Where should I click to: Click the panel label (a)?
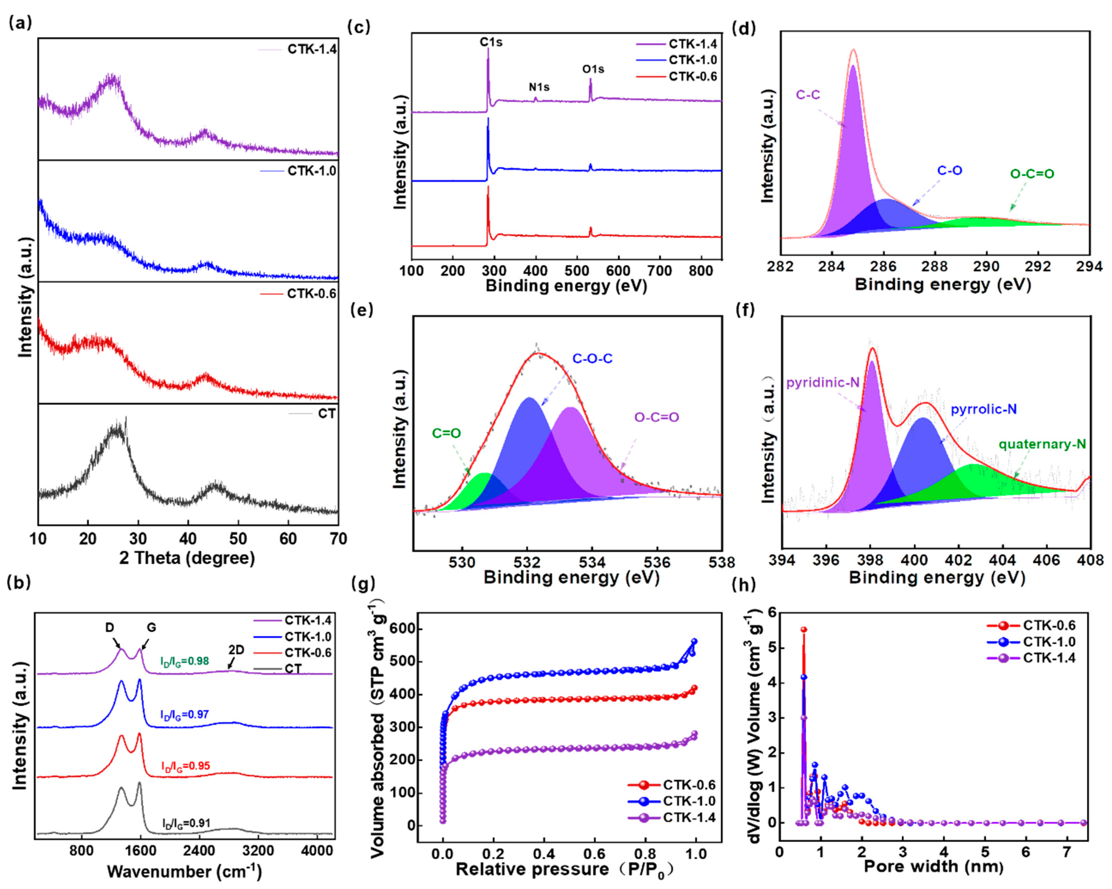(x=21, y=23)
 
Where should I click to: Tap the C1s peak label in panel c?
(x=491, y=42)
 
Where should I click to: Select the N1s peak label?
(x=539, y=87)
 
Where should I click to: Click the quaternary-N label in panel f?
(x=1042, y=444)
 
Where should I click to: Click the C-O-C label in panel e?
(x=592, y=358)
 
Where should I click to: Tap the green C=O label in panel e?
(x=446, y=434)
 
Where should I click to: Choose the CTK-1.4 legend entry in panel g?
(x=689, y=817)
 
